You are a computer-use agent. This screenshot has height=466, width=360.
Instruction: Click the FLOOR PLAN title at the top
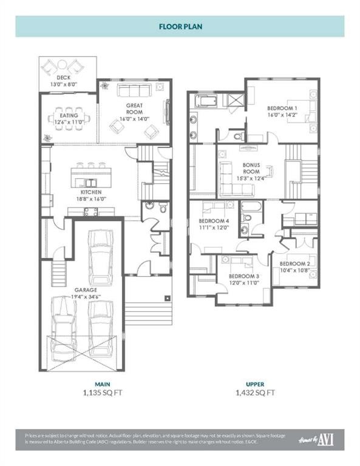coord(180,27)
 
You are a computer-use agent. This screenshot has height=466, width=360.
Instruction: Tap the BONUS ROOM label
coord(251,168)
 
